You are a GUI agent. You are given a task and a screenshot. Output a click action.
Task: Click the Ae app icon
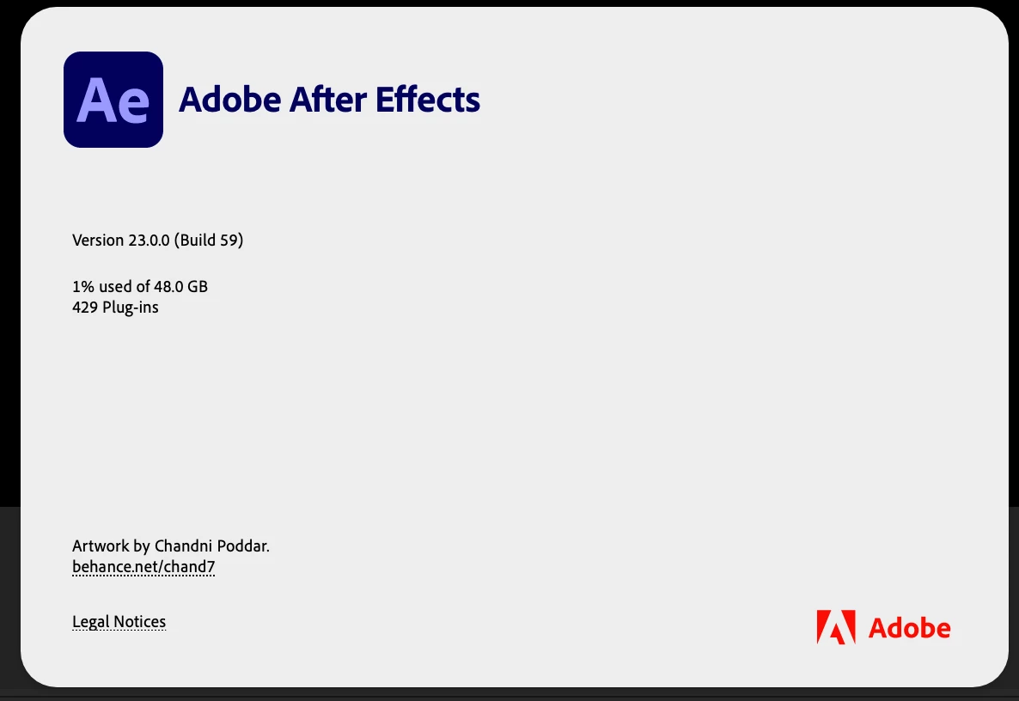[x=113, y=100]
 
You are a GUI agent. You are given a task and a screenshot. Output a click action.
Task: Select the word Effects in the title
[x=428, y=100]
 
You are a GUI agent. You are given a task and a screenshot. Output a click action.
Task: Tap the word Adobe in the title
[x=230, y=100]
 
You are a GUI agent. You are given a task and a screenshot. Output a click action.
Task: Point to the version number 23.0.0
[x=149, y=241]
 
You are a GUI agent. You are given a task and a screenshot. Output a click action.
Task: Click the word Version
[x=98, y=241]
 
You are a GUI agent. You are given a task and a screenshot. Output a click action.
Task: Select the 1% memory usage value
[x=83, y=287]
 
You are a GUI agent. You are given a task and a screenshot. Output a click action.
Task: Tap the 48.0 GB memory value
[x=180, y=287]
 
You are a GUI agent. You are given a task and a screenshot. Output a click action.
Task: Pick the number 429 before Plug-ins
[x=85, y=308]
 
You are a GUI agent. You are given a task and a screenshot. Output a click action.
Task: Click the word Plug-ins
[x=131, y=308]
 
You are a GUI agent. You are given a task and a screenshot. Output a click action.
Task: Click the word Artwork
[x=101, y=546]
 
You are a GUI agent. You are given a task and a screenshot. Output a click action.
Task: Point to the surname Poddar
[x=243, y=546]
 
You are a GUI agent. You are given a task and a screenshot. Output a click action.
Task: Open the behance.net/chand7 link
[x=143, y=566]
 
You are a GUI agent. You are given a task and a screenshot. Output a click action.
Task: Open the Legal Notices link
[x=119, y=622]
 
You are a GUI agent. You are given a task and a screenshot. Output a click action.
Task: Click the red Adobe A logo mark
[x=836, y=627]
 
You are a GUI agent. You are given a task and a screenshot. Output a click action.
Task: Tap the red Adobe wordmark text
[x=909, y=628]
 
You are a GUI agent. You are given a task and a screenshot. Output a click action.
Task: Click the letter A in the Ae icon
[x=98, y=100]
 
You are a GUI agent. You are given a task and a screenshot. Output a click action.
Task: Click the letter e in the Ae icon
[x=136, y=106]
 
